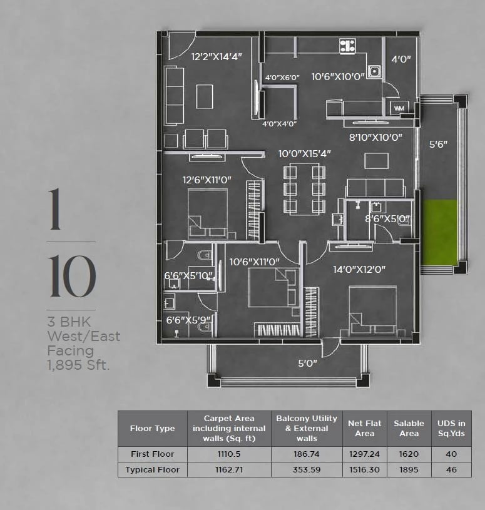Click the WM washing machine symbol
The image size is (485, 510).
pos(399,108)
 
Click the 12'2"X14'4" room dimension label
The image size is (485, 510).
pos(217,56)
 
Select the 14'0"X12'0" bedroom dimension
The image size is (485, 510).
pos(359,269)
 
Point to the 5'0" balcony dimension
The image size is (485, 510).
pos(307,363)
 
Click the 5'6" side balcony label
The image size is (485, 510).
pos(438,144)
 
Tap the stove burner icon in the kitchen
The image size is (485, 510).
pos(347,46)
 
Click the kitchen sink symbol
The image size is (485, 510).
pos(374,71)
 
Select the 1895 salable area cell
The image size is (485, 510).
pos(409,470)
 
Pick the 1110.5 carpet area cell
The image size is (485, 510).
pos(229,454)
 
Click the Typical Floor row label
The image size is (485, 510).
pos(152,470)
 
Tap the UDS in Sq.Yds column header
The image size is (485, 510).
pos(451,429)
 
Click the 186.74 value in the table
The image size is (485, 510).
pos(307,454)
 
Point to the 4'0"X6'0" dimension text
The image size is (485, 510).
pos(282,78)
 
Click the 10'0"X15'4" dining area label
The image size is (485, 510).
pos(305,153)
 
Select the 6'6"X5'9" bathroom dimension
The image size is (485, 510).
pos(188,320)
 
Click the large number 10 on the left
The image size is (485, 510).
pos(72,276)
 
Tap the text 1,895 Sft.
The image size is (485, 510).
pos(78,365)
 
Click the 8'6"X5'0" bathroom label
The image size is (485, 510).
pos(387,219)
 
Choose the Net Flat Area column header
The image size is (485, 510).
pos(365,429)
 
